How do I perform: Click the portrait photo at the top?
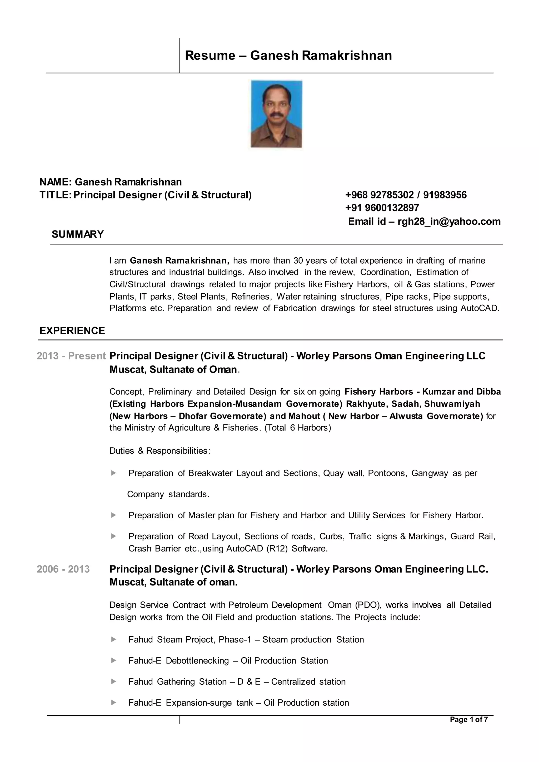[x=276, y=114]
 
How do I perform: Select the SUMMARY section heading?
[x=78, y=234]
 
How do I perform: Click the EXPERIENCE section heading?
[x=72, y=330]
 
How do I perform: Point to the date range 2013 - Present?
[x=71, y=356]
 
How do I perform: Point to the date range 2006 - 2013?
[x=63, y=569]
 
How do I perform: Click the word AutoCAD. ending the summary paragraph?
[x=480, y=308]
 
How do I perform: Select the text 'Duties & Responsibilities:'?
[x=160, y=451]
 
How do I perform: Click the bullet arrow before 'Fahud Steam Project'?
[x=113, y=640]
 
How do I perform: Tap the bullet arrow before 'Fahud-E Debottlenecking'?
[x=113, y=660]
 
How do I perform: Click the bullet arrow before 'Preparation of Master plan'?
[x=113, y=515]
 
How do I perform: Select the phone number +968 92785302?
[x=379, y=195]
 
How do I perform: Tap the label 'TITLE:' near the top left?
[x=55, y=195]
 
